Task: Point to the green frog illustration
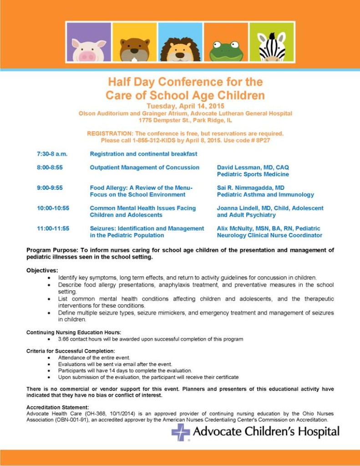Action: coord(226,50)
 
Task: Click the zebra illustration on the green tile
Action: coord(272,47)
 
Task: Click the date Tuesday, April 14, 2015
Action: coord(185,106)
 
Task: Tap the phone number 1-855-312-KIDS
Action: coord(153,140)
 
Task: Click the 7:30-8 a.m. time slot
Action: coord(52,154)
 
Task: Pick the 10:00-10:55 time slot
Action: coord(53,208)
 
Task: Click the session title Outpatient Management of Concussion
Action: coord(145,167)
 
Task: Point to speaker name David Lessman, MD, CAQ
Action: coord(253,167)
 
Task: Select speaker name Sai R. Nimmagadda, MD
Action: coord(251,187)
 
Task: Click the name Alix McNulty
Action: coord(235,228)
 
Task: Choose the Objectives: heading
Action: coord(42,270)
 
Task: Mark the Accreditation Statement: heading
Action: coord(58,407)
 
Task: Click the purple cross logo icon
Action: coord(181,432)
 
